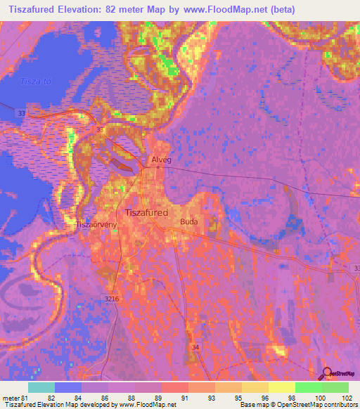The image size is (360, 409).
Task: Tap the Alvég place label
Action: [x=162, y=160]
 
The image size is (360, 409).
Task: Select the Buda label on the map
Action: [x=189, y=221]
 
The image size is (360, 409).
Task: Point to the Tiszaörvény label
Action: [x=97, y=226]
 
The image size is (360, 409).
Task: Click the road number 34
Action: [x=194, y=346]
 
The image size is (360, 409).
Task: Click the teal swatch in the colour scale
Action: [x=41, y=387]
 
